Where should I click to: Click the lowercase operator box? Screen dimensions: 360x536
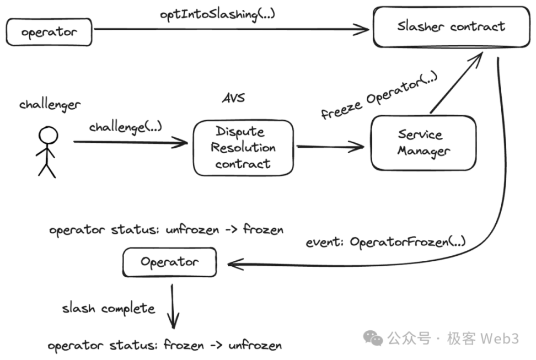pos(49,33)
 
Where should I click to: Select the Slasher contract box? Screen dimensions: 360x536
pos(451,26)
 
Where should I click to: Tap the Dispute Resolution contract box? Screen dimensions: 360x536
pos(243,148)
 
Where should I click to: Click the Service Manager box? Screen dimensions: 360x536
pos(423,143)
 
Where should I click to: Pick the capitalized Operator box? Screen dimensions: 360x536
pos(169,262)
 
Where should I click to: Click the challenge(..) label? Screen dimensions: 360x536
pos(126,127)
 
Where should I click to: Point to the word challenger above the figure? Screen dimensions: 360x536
pos(50,104)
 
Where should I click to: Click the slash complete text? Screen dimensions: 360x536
pos(109,308)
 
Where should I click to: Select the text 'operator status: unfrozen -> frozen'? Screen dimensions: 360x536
pos(166,230)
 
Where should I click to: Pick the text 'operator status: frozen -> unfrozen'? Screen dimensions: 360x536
pos(164,346)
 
